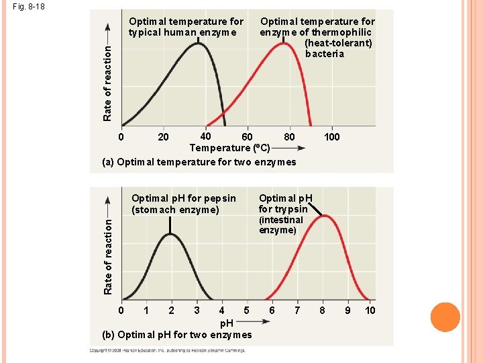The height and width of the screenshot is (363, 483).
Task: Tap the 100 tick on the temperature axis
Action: click(331, 137)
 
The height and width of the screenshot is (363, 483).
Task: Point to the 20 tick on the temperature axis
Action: click(163, 137)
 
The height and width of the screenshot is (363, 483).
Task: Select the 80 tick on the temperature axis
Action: click(289, 137)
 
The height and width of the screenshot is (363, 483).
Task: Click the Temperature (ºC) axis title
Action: click(229, 148)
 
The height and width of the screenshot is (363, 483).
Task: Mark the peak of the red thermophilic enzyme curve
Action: click(284, 44)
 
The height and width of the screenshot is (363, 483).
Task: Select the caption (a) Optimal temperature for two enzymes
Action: click(199, 162)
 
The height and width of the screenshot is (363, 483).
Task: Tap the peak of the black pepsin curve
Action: click(170, 233)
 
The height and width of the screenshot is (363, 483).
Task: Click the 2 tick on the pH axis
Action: click(171, 310)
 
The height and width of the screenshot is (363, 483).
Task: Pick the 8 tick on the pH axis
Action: click(323, 310)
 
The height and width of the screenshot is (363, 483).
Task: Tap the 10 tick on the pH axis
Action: click(370, 310)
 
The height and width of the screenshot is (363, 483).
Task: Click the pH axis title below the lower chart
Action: click(227, 323)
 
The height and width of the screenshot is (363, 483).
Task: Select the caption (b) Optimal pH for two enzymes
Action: click(177, 335)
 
